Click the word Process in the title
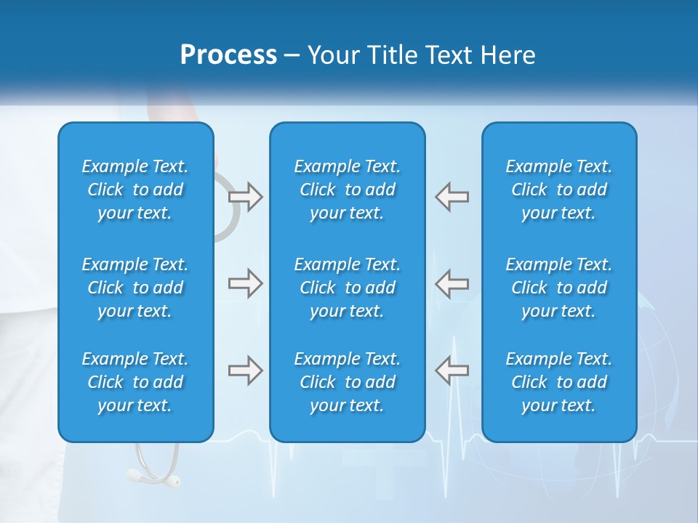click(x=228, y=55)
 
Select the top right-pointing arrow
click(x=246, y=197)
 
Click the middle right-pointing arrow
click(x=246, y=283)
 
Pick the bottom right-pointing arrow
click(x=246, y=370)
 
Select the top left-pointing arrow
click(x=452, y=197)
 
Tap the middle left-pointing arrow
click(x=452, y=283)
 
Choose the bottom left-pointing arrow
click(x=452, y=370)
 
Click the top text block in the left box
click(x=135, y=190)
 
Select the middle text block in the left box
click(x=135, y=288)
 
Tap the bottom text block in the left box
click(x=135, y=382)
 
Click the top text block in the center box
click(x=348, y=190)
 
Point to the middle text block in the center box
click(x=348, y=288)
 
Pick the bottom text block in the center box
click(x=348, y=382)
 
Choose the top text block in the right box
click(x=559, y=190)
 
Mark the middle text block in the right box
click(x=559, y=288)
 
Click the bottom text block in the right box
click(x=559, y=382)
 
